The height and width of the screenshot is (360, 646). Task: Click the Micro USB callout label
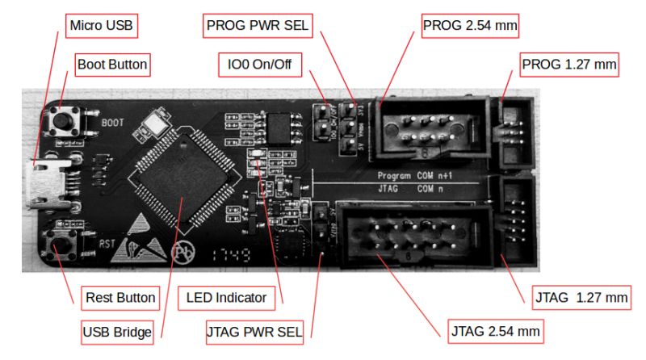click(x=101, y=27)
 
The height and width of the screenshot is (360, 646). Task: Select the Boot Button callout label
click(x=114, y=64)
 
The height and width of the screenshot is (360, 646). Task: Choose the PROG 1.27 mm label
click(x=570, y=64)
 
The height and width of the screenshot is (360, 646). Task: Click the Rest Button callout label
click(x=120, y=297)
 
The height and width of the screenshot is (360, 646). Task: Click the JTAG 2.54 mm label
click(x=494, y=330)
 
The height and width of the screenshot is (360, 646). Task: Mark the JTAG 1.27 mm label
click(x=580, y=297)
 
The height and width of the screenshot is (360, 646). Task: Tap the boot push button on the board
click(x=61, y=123)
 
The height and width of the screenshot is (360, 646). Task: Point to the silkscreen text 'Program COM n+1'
click(x=411, y=175)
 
